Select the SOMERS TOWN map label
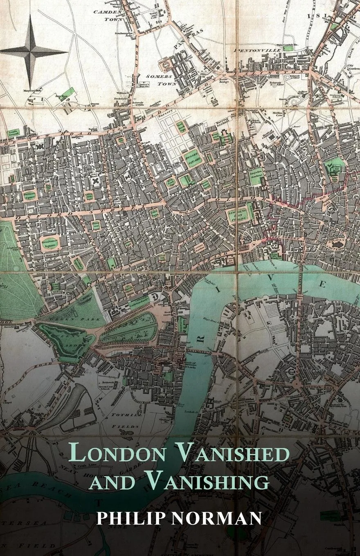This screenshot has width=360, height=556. (x=161, y=80)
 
